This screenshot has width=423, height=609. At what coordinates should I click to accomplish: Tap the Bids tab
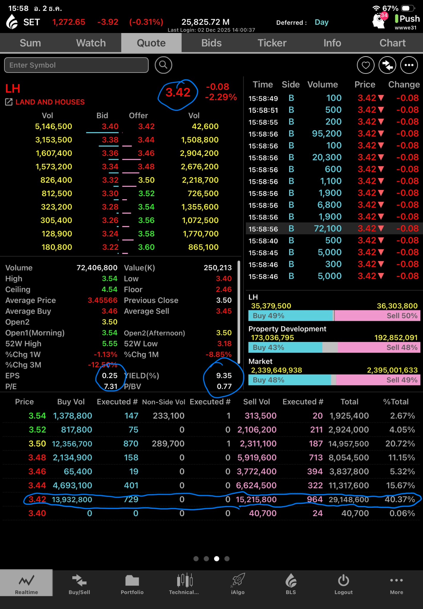(x=211, y=43)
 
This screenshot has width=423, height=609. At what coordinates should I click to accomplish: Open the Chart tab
(x=392, y=43)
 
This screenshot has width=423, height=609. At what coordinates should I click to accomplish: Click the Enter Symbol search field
(x=76, y=65)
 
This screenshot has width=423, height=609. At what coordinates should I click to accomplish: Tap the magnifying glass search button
(x=163, y=65)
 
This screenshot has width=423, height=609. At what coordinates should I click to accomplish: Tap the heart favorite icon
(x=365, y=65)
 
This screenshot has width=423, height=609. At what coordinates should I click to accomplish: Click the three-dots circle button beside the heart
(x=409, y=65)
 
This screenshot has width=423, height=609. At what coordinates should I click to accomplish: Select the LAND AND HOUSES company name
(x=50, y=102)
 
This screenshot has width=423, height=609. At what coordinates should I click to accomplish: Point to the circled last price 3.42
(x=178, y=92)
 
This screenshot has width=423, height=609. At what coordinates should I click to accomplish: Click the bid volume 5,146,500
(x=54, y=126)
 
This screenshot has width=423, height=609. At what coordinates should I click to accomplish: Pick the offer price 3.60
(x=146, y=247)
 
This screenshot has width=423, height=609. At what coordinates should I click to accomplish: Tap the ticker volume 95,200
(x=326, y=134)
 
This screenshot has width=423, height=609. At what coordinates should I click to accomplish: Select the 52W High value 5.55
(x=110, y=343)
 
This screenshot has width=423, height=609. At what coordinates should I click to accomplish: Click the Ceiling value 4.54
(x=110, y=289)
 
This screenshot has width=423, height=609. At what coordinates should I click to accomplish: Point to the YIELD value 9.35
(x=224, y=376)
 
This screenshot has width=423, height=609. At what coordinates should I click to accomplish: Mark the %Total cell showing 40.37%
(x=400, y=499)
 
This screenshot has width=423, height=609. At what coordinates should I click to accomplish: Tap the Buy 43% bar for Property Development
(x=285, y=347)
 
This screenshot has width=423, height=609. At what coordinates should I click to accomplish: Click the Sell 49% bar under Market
(x=378, y=380)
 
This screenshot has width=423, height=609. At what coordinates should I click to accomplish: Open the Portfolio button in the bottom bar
(x=132, y=584)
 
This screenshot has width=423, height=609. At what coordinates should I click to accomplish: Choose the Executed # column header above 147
(x=117, y=402)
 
